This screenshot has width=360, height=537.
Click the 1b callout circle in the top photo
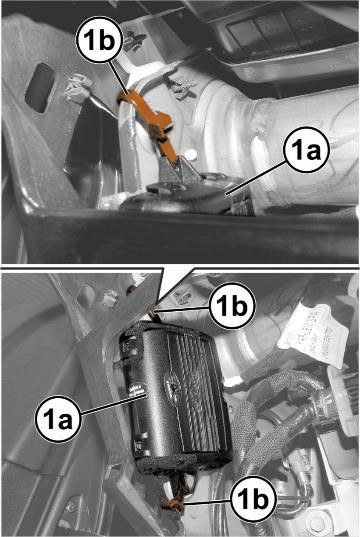pyautogui.click(x=99, y=40)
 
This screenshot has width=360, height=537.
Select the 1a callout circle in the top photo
pyautogui.click(x=306, y=150)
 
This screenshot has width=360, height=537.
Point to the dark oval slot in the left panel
pyautogui.click(x=40, y=88)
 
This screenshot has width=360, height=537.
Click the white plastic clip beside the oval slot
pyautogui.click(x=78, y=89)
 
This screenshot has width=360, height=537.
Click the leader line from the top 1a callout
pyautogui.click(x=256, y=177)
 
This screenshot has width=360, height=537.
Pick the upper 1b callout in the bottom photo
pyautogui.click(x=232, y=305)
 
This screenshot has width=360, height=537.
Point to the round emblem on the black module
pyautogui.click(x=173, y=383)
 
